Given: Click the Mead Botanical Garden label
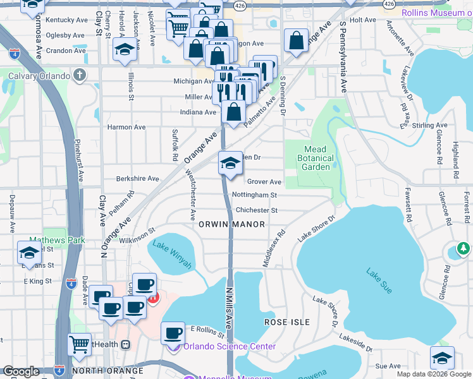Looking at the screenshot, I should [x=316, y=158].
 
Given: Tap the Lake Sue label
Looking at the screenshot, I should [x=379, y=280].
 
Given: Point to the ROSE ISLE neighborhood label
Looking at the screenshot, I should [x=286, y=322].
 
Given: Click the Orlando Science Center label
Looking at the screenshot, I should [x=229, y=346].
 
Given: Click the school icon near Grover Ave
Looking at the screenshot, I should [x=230, y=164].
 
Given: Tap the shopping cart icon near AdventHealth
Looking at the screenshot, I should [x=79, y=344].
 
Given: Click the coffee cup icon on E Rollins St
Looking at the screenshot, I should [x=172, y=333].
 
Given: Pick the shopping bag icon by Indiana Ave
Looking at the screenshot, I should [x=233, y=113].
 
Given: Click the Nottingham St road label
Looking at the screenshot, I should [x=255, y=196].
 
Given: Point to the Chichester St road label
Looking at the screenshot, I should [x=256, y=210].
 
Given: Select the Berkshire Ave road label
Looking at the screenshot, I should [x=137, y=179].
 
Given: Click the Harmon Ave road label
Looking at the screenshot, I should [x=126, y=127].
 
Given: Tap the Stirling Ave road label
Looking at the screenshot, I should [x=429, y=126].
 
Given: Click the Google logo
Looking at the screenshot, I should [x=21, y=371].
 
